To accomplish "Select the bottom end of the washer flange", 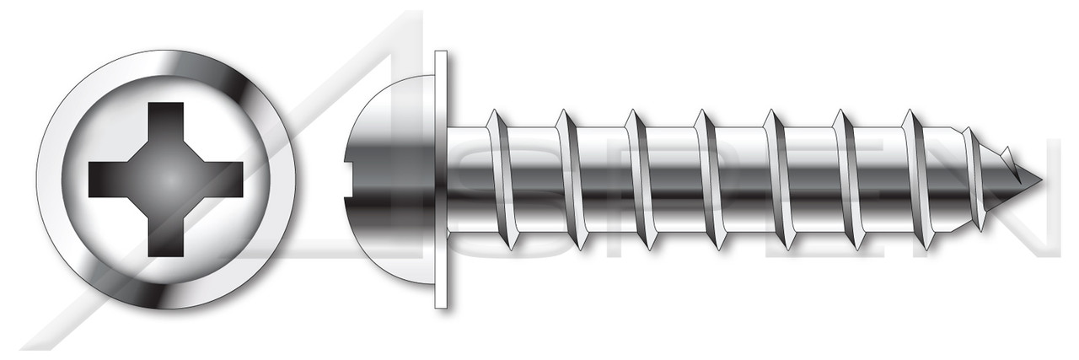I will pyautogui.click(x=442, y=301).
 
